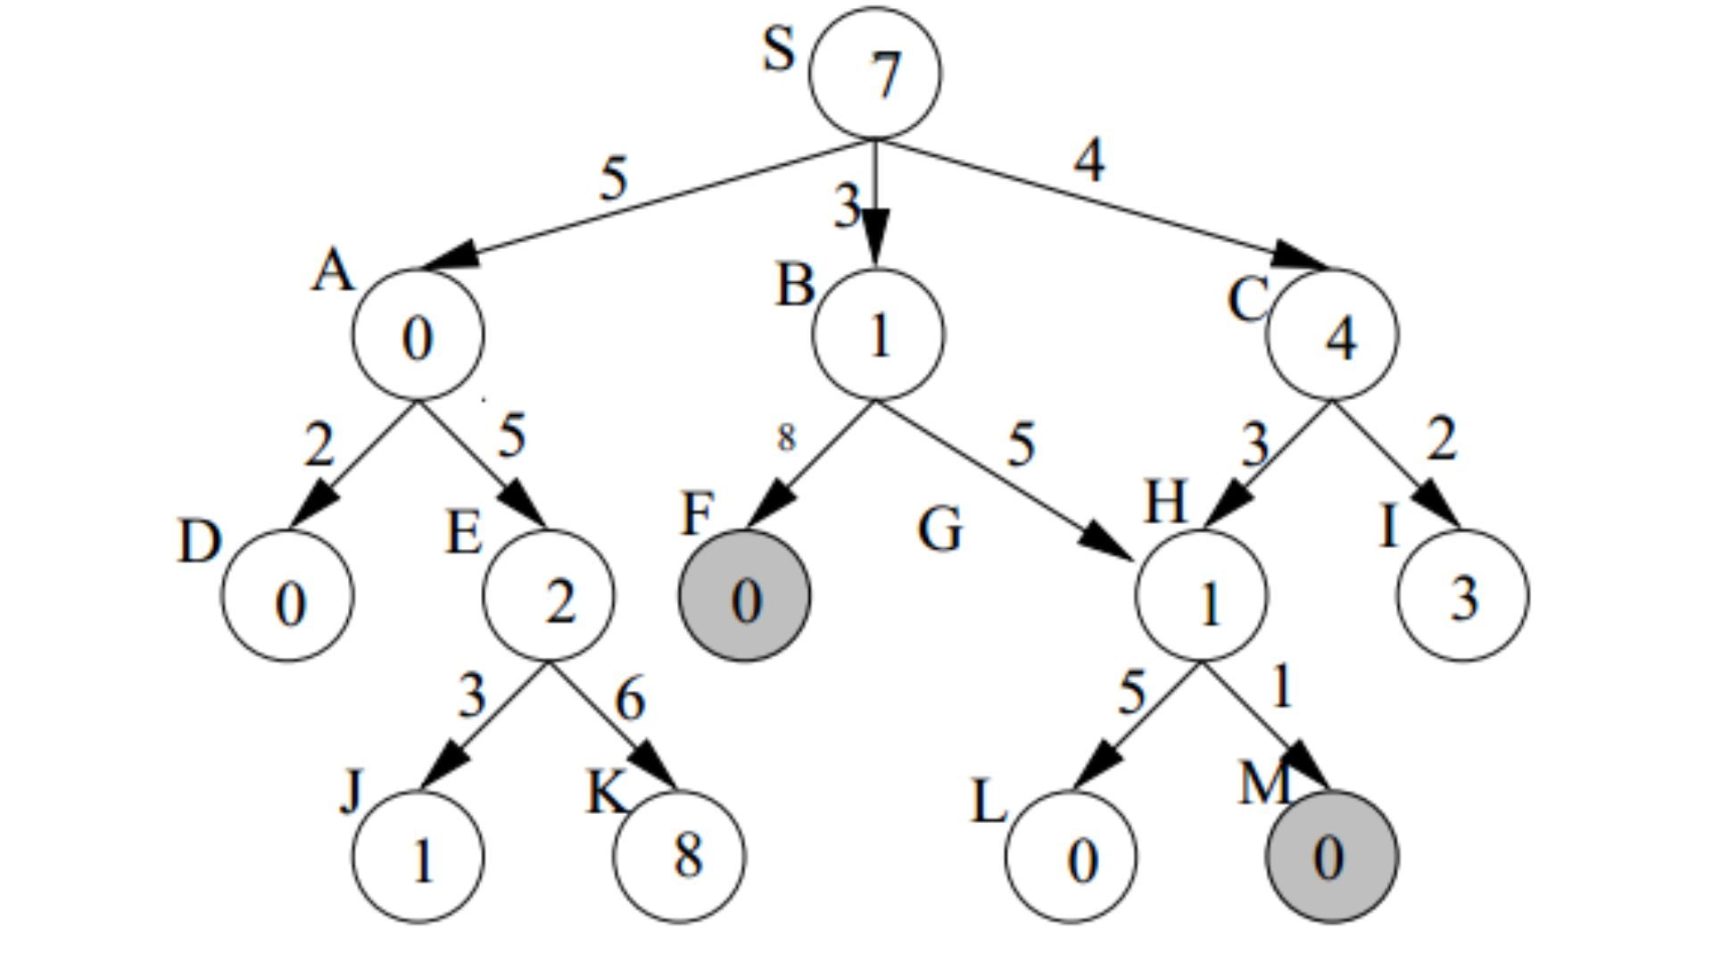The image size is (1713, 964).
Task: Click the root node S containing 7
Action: point(874,73)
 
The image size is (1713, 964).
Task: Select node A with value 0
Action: point(418,335)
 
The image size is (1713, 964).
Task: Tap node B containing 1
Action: point(877,335)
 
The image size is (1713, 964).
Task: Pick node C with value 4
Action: point(1332,335)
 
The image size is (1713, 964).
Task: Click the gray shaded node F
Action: point(745,596)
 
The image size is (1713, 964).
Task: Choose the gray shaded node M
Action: point(1332,857)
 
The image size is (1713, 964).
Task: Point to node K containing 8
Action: point(680,857)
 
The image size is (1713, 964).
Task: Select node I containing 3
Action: point(1462,596)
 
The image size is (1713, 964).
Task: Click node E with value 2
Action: point(549,596)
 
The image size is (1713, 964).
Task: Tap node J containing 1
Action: point(418,857)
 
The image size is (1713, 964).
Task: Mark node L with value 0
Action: point(1071,857)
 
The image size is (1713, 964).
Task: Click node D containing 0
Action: point(287,596)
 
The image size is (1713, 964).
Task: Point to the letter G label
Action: point(940,529)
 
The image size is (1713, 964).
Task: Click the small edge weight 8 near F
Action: point(785,437)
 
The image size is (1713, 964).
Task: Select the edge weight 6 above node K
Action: point(630,698)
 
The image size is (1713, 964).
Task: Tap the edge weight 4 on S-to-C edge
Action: point(1088,162)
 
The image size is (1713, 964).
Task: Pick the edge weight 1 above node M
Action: point(1281,688)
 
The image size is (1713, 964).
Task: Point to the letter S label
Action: point(778,49)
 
